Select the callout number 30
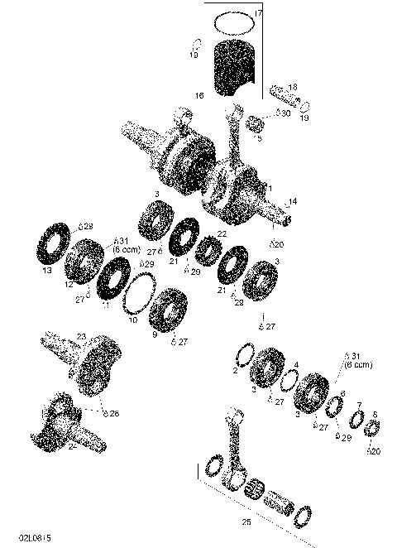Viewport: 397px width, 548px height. [x=285, y=113]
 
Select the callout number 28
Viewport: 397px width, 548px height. [x=87, y=225]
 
